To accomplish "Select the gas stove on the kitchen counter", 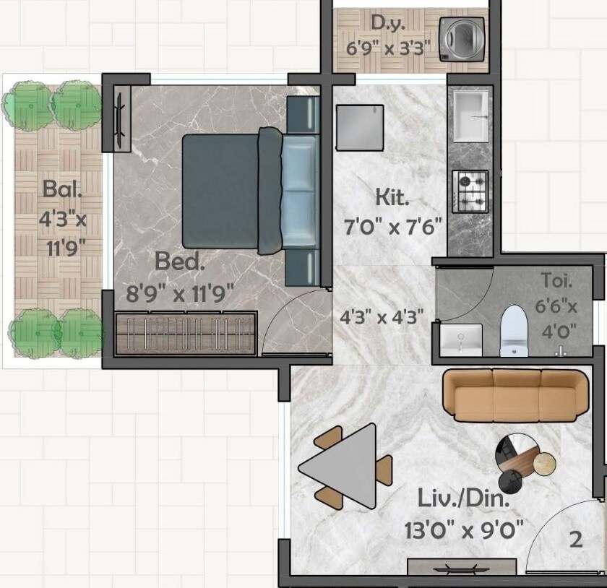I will pos(470,191).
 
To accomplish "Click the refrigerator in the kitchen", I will pos(359,127).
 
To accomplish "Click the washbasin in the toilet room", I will pos(460,339).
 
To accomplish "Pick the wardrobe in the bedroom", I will pos(186,333).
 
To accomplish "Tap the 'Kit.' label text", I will pos(392,196).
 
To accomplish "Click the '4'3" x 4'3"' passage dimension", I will pos(382,316).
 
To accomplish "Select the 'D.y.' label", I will pos(388,22).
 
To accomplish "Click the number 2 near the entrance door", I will pos(575,540).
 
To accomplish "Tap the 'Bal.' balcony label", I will pos(61,190).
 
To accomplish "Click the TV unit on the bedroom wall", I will pos(121,117).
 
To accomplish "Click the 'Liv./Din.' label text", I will pos(464,498).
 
